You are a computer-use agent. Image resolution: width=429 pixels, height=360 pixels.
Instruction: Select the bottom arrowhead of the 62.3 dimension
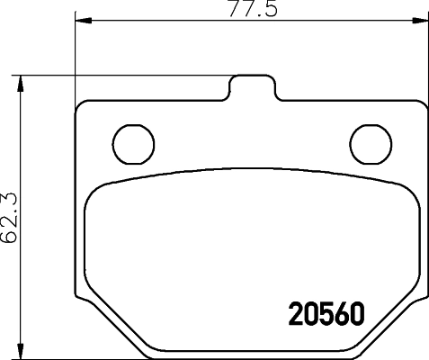(23, 352)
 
